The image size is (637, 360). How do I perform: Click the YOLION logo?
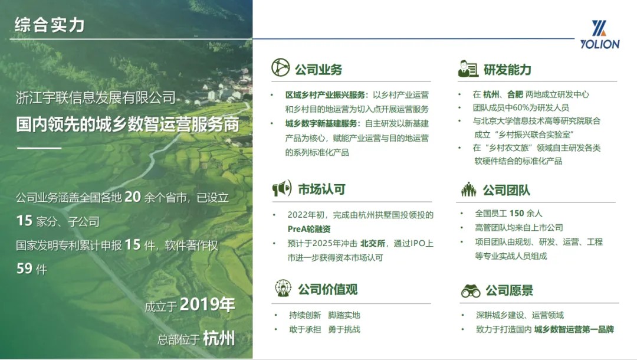click(600, 35)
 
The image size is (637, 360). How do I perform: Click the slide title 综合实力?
click(50, 25)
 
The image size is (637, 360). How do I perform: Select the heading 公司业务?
click(318, 70)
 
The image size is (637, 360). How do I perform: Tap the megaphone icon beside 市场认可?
click(282, 188)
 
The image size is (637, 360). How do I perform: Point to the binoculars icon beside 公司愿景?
click(471, 290)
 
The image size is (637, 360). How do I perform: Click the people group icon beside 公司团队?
click(468, 189)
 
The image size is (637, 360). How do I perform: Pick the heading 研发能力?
click(507, 70)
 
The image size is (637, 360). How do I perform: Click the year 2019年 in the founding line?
click(207, 305)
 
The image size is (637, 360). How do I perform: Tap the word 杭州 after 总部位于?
click(219, 338)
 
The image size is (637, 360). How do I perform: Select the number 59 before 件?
click(24, 268)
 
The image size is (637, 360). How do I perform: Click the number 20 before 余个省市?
click(133, 197)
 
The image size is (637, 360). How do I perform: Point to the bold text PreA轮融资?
click(309, 229)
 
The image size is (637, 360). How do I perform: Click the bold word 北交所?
click(373, 243)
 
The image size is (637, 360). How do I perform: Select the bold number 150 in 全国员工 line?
click(517, 213)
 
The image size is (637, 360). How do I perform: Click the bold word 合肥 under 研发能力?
click(515, 94)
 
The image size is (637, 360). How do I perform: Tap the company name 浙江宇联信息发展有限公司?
click(96, 97)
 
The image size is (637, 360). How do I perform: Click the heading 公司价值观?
click(328, 289)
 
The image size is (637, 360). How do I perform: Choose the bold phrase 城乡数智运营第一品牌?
click(574, 329)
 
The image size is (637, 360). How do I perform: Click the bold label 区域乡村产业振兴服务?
click(325, 94)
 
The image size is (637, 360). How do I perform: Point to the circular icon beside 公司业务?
click(280, 67)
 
